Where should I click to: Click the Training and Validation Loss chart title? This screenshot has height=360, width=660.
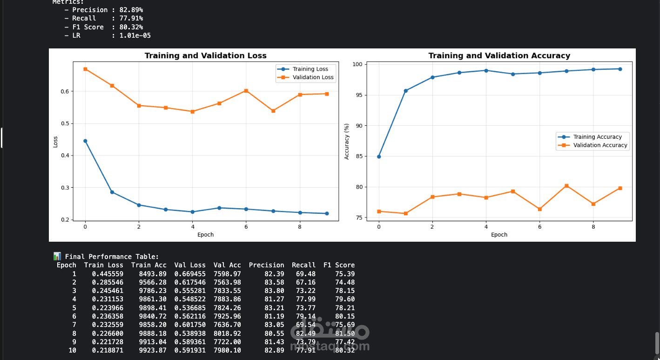click(x=205, y=56)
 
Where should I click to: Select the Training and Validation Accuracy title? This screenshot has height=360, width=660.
click(x=499, y=56)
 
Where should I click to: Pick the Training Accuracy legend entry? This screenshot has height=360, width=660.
click(x=597, y=137)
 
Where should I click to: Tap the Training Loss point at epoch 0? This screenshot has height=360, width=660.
click(x=85, y=141)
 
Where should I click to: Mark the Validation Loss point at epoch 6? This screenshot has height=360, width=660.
click(x=246, y=91)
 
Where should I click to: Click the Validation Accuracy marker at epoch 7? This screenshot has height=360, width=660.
click(x=566, y=186)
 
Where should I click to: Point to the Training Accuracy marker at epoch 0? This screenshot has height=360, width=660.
click(x=379, y=156)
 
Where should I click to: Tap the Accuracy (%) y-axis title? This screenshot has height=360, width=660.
click(x=347, y=142)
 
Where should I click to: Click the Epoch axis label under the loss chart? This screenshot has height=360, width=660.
click(x=205, y=235)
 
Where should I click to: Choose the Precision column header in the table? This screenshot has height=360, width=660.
click(x=266, y=265)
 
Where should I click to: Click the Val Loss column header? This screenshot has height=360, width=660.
click(x=190, y=265)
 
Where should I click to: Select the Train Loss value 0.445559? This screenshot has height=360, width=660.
click(x=108, y=274)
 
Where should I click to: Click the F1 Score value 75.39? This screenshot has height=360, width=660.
click(x=345, y=274)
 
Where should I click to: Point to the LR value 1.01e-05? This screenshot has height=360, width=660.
click(x=135, y=35)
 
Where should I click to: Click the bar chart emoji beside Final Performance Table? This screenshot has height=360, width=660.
click(x=57, y=256)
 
